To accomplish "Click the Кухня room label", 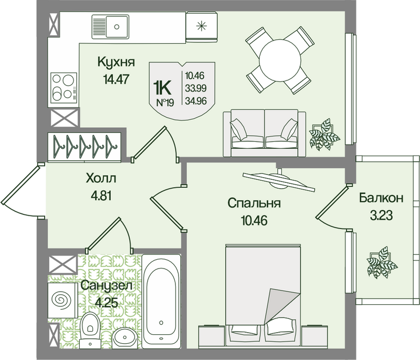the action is [116, 62].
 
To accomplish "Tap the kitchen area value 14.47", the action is [117, 79].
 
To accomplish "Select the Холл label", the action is [101, 178].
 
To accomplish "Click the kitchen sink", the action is [110, 27].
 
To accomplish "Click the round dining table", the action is [280, 60].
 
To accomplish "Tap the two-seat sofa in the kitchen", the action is [265, 132].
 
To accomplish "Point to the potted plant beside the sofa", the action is [324, 134].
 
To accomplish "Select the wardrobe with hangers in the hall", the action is [85, 148].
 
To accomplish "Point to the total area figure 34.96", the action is [196, 101].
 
